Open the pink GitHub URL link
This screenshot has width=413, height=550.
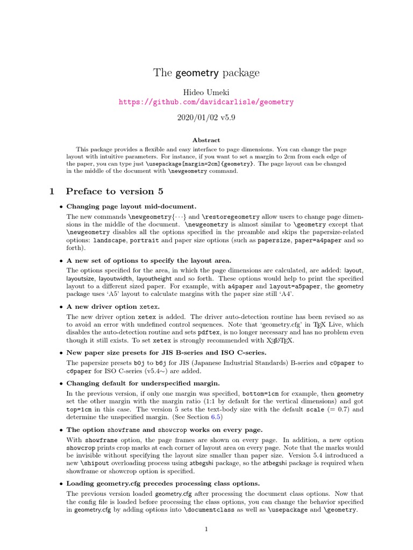coord(206,102)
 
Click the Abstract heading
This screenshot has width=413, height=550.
coord(206,140)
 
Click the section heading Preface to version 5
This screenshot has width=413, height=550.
coord(115,191)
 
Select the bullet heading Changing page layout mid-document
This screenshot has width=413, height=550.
coord(131,206)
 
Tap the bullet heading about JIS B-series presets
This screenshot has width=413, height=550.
coord(166,352)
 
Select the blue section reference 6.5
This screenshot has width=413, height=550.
coord(217,417)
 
